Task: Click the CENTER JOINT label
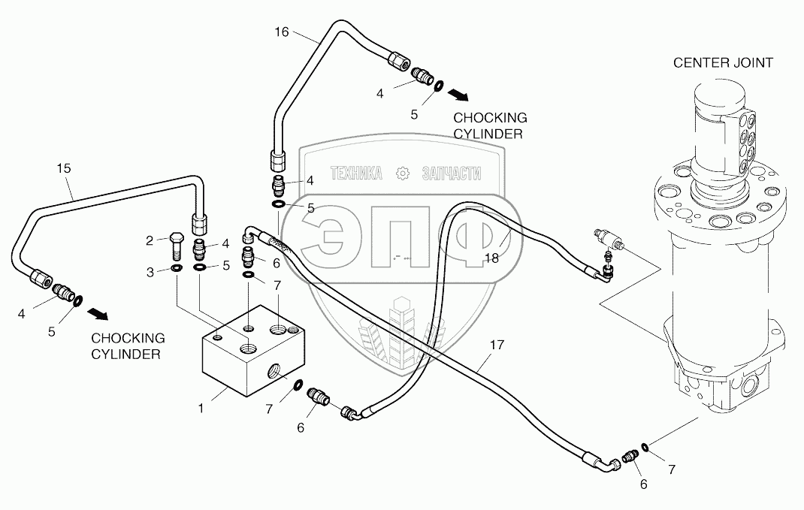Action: pyautogui.click(x=723, y=62)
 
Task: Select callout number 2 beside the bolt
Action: pyautogui.click(x=150, y=240)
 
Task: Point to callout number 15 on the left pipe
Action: pyautogui.click(x=63, y=168)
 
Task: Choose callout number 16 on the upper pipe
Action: pyautogui.click(x=281, y=32)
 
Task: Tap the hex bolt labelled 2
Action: pyautogui.click(x=176, y=243)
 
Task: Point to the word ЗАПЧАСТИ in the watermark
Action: pyautogui.click(x=451, y=174)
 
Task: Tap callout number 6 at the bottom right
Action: pyautogui.click(x=642, y=484)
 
